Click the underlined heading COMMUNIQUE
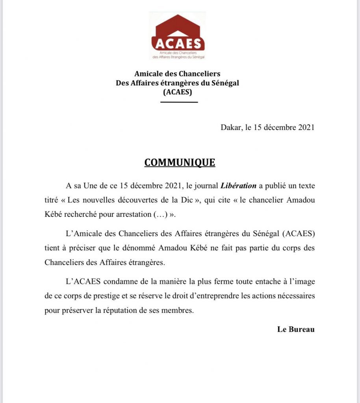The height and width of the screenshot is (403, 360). tap(180, 163)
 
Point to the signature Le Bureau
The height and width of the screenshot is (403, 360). tap(296, 329)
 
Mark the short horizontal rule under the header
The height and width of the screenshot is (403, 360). tap(179, 102)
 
